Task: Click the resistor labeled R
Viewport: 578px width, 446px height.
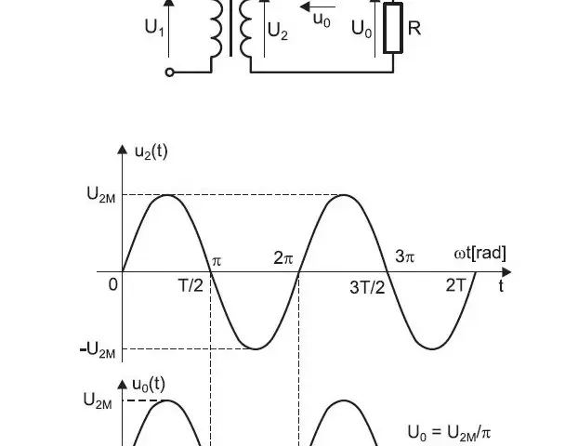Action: pos(393,28)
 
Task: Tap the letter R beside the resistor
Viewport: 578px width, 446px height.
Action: pos(414,28)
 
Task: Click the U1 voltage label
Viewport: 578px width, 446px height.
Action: pos(154,28)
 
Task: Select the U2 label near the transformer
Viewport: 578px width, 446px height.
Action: pos(278,31)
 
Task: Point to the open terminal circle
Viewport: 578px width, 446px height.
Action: pos(169,72)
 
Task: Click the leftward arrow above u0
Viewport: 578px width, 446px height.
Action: pos(318,7)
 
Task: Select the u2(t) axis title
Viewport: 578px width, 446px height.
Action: pos(151,151)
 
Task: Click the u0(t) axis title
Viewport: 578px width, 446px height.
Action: pos(148,385)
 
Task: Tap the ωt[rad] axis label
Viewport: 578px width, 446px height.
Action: pos(479,254)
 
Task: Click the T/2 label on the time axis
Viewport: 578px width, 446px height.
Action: pos(190,285)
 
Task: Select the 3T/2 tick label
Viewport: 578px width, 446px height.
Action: pos(367,287)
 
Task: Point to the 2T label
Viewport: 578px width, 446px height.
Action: pos(456,285)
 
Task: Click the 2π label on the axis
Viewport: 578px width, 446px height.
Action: pos(283,257)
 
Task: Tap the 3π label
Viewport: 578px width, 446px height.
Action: pos(405,256)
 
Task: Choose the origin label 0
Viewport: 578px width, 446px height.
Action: pos(113,284)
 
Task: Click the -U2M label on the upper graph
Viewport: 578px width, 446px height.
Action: pos(98,349)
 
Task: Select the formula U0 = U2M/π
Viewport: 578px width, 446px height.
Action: pos(449,433)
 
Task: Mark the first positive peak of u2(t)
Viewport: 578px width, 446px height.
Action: pos(166,194)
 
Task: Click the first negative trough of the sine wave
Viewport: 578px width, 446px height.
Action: pos(256,348)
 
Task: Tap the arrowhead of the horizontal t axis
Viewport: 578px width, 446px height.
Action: pos(507,272)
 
